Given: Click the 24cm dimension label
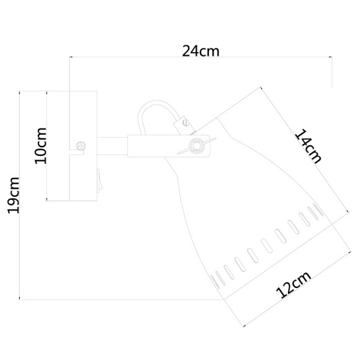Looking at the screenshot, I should [200, 52].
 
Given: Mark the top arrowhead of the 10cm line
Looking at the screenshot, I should [47, 93].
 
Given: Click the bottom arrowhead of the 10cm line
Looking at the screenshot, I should [47, 199].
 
